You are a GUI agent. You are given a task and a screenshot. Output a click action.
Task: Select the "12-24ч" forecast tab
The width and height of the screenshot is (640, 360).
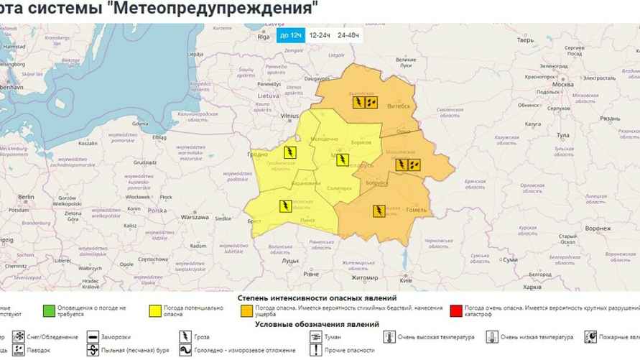tap(320, 35)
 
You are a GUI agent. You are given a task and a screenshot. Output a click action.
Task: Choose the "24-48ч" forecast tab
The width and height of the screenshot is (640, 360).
tap(348, 35)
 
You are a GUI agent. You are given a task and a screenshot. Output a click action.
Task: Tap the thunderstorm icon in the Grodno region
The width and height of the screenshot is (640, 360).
tap(289, 152)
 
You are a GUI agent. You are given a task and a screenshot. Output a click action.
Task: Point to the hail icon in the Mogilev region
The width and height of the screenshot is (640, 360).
tap(414, 165)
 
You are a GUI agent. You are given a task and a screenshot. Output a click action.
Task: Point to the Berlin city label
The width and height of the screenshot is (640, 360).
tap(27, 196)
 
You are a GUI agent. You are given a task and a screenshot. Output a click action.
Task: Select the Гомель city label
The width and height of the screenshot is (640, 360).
tap(417, 210)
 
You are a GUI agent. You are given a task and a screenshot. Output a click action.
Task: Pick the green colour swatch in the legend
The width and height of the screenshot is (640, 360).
tap(49, 311)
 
